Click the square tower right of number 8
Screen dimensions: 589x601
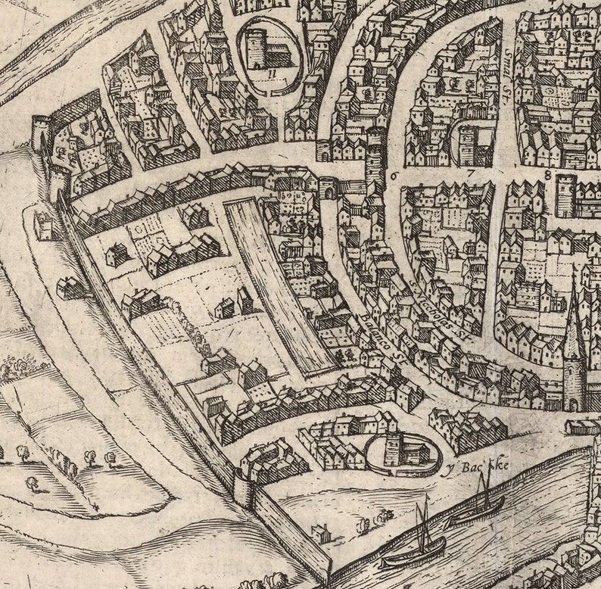coord(565,196)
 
